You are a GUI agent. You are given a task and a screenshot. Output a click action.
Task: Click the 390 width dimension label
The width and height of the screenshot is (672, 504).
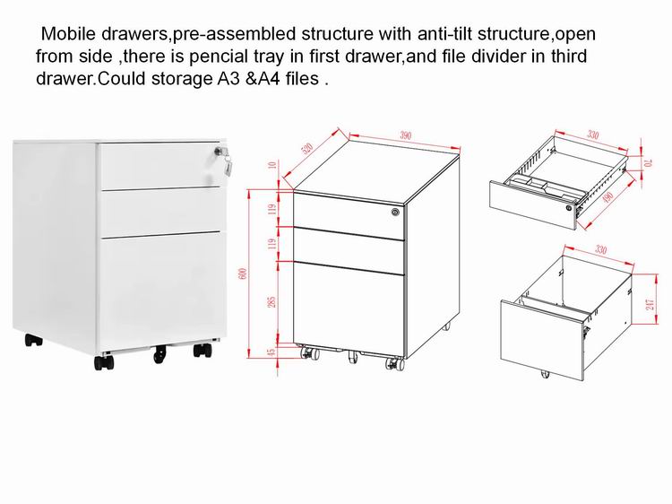[405, 136]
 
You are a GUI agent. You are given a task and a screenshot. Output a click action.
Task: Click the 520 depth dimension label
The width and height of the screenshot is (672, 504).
[307, 148]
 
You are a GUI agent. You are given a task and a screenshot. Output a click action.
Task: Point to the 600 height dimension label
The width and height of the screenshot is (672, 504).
[243, 274]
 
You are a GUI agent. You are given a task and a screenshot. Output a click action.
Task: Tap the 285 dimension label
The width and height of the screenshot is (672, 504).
[271, 302]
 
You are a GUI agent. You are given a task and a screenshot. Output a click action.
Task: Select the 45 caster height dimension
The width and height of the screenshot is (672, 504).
[271, 352]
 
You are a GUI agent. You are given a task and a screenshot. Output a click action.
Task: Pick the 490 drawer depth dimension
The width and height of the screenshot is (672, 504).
[607, 197]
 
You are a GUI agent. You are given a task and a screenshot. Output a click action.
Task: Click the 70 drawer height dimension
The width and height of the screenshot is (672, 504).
[649, 163]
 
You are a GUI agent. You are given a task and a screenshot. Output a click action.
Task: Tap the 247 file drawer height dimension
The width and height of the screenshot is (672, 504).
[650, 305]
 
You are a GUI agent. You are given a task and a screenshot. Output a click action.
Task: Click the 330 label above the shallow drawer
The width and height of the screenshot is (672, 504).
[593, 135]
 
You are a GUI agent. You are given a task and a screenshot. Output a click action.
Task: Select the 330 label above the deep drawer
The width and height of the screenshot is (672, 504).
[601, 249]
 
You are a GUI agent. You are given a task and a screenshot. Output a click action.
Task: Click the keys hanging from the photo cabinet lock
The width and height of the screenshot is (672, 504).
[228, 165]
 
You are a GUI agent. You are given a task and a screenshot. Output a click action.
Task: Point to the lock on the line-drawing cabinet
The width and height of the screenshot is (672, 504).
[395, 212]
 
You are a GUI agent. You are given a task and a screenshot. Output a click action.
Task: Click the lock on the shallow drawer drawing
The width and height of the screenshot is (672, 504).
[569, 207]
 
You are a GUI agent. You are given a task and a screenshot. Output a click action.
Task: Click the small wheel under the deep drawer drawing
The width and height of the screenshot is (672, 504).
[545, 374]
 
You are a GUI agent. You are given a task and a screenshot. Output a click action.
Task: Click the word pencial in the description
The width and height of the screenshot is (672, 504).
[219, 56]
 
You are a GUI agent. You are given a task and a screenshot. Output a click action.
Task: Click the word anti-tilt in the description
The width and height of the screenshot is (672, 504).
[444, 33]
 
